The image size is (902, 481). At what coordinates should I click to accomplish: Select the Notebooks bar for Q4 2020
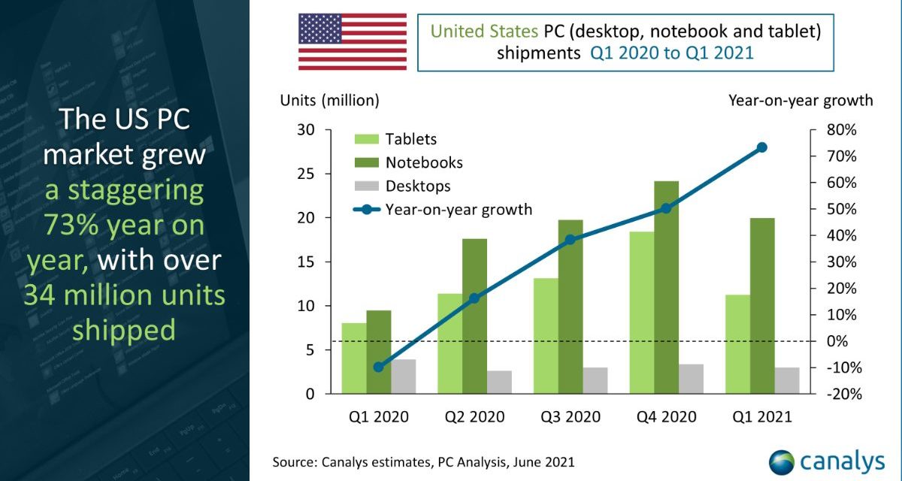666,286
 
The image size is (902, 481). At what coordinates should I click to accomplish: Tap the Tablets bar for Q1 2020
354,358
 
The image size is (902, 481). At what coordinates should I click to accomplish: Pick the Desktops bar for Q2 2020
499,382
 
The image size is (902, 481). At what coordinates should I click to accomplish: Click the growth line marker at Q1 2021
761,147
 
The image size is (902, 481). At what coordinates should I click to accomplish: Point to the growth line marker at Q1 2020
378,367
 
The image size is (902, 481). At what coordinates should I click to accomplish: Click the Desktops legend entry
418,186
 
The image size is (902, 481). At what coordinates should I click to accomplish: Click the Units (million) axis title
330,100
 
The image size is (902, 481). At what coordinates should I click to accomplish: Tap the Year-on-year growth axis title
800,100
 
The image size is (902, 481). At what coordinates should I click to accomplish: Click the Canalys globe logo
782,459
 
